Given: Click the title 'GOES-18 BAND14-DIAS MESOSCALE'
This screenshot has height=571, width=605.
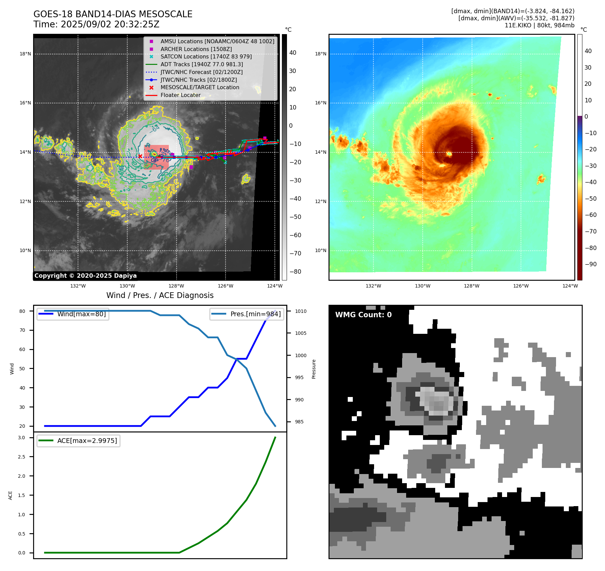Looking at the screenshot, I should (113, 14).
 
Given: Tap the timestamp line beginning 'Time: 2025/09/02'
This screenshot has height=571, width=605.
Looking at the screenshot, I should (96, 24).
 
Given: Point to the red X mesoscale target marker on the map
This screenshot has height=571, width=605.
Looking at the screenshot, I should (140, 156).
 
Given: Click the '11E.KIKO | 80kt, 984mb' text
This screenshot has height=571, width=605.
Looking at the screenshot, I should (539, 25).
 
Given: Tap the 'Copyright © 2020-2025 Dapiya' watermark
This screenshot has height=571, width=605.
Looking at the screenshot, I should (85, 276).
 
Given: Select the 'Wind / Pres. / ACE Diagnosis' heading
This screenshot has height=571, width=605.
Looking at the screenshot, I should (160, 295).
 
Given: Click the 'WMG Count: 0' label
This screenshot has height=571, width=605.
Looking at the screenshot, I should (363, 315).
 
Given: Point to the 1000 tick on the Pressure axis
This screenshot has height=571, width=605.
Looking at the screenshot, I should (300, 355).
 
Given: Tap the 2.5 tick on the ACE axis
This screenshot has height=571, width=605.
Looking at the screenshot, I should (22, 457).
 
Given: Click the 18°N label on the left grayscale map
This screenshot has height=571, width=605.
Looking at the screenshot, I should (25, 54).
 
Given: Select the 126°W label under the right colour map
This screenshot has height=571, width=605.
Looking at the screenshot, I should (521, 286).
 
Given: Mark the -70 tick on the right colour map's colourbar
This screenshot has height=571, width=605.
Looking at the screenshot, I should (590, 231).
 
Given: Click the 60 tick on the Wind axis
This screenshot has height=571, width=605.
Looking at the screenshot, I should (22, 349).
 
